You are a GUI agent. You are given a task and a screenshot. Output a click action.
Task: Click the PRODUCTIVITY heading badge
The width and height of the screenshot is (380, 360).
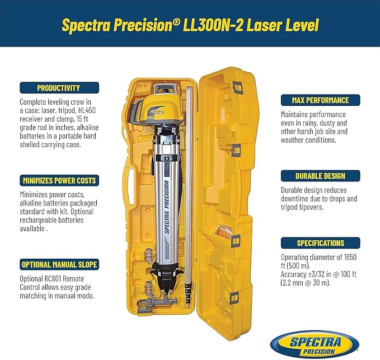pyautogui.click(x=59, y=87)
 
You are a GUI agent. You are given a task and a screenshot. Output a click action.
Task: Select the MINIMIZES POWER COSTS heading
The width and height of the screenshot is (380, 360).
pyautogui.click(x=59, y=181)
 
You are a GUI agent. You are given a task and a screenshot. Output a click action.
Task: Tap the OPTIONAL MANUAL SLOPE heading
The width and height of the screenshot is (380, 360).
pyautogui.click(x=59, y=264)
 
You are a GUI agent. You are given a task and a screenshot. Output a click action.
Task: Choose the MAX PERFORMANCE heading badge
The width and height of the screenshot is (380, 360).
pyautogui.click(x=322, y=101)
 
